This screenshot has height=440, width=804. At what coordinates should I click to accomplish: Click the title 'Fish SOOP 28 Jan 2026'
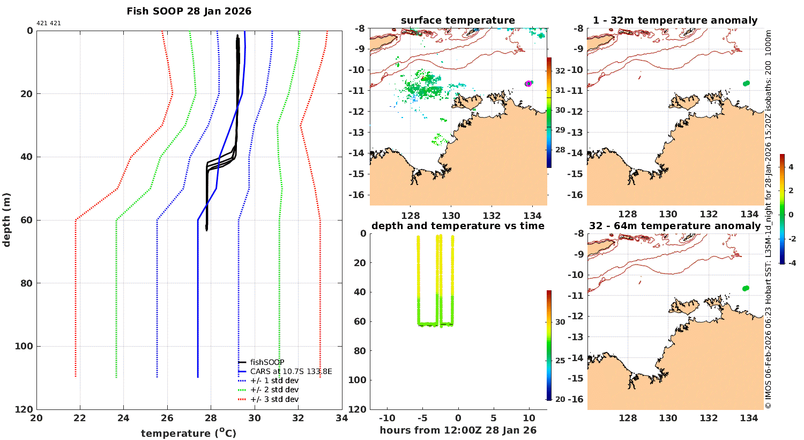[x=189, y=11]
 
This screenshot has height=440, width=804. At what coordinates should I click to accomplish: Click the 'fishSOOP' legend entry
[x=267, y=362]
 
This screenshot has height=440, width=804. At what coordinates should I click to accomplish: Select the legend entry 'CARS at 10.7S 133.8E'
[x=291, y=371]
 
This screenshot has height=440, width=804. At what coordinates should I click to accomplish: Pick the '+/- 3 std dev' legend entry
[x=274, y=399]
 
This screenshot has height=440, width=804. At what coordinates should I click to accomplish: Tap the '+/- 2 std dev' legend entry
[x=274, y=390]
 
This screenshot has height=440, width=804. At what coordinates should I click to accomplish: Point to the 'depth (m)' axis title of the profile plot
[x=6, y=219]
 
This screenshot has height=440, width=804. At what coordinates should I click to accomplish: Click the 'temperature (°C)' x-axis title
[x=188, y=433]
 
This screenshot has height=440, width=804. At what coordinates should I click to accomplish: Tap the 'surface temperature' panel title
[x=458, y=20]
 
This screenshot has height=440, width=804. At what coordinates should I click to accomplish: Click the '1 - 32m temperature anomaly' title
[x=675, y=20]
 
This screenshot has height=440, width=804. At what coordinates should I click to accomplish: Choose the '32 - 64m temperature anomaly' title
[x=675, y=226]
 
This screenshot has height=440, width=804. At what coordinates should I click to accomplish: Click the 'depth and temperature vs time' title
[x=458, y=226]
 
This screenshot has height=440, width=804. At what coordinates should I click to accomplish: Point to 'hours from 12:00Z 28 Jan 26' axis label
[x=458, y=430]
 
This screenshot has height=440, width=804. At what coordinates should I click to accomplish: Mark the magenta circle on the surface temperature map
[x=528, y=84]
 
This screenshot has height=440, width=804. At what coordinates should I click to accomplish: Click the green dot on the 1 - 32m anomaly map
[x=746, y=83]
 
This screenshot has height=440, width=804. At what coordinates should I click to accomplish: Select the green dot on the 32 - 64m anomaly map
[x=746, y=288]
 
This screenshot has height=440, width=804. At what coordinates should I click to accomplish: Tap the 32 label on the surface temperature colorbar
[x=560, y=71]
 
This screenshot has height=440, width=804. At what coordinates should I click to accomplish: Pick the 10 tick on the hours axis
[x=529, y=418]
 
